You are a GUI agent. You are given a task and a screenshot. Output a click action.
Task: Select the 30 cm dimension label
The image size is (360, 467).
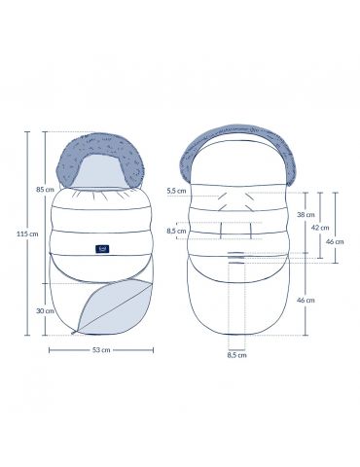[45, 310]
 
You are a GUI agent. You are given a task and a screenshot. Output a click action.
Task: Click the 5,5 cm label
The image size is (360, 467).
[177, 191]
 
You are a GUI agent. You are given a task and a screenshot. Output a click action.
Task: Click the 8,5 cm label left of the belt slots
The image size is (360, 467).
[177, 231]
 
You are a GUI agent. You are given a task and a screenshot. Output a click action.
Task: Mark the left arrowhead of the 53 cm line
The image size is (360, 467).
[50, 340]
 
